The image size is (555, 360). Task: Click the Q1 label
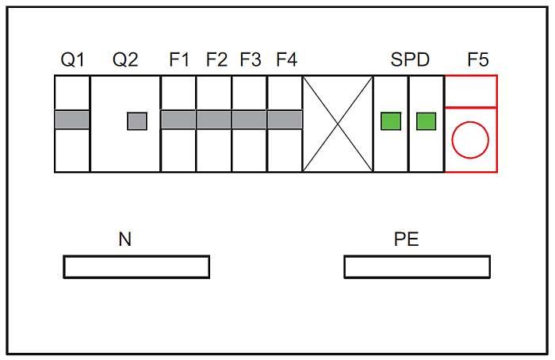point(73,59)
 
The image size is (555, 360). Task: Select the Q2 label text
point(125,59)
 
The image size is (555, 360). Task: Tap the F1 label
point(179,59)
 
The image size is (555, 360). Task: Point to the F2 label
point(216,59)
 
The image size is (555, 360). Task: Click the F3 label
point(251,59)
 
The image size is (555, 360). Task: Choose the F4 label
point(287,59)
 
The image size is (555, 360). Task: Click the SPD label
point(410,59)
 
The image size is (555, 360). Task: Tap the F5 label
point(478,59)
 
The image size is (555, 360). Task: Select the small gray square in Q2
point(137,121)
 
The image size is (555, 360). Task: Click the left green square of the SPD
point(391,121)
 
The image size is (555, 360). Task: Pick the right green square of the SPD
point(427,121)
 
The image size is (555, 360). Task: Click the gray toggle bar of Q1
point(72,120)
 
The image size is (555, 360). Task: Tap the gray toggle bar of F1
point(178,120)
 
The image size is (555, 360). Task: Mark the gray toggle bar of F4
point(285,120)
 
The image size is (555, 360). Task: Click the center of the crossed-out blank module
point(338,124)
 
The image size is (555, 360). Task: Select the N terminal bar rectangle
point(136,255)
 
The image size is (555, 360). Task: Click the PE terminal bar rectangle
point(417,255)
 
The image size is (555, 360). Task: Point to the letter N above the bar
point(125,239)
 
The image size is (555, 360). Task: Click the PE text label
point(406,239)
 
